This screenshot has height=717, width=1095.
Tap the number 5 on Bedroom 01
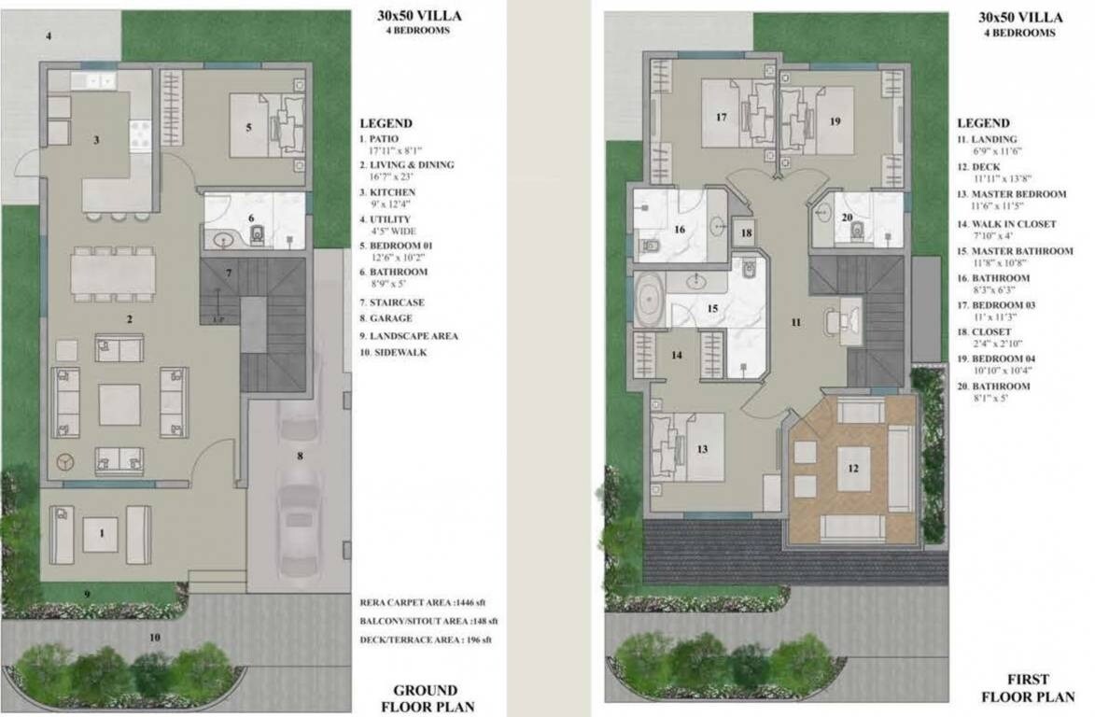pos(249,127)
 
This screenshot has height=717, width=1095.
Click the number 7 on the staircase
pos(228,273)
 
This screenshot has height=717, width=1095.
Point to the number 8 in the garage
pos(300,457)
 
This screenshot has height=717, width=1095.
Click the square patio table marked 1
pos(101,534)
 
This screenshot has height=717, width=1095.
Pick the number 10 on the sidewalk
pos(154,638)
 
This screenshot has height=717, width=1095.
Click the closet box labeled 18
pos(745,232)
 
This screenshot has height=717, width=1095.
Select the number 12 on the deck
pos(851,468)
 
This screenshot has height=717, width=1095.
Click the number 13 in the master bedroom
pos(702,449)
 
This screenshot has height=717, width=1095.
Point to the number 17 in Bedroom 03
pos(721,118)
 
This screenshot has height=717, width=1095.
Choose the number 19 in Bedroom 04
pos(835,121)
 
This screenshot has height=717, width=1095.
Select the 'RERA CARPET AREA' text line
pos(428,603)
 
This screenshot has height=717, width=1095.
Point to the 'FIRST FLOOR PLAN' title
pos(1027,687)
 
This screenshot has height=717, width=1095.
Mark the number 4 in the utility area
pos(49,36)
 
